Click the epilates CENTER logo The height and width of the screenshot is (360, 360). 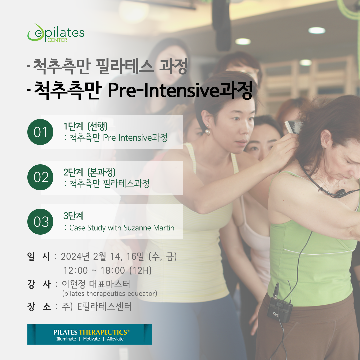click(56, 33)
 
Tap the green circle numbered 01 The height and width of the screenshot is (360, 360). click(40, 132)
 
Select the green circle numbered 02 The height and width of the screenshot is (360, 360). click(40, 177)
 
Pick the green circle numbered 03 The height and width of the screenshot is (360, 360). click(40, 222)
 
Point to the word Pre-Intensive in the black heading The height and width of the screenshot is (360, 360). click(163, 90)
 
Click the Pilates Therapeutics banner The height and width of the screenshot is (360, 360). click(90, 334)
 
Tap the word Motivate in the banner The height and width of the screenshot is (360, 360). click(91, 339)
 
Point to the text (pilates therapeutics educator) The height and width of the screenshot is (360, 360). click(110, 293)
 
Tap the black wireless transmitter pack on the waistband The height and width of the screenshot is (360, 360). click(280, 309)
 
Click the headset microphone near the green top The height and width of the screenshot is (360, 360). click(340, 193)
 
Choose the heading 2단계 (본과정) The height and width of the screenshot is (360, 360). click(89, 172)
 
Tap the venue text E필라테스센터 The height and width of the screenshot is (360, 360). click(104, 307)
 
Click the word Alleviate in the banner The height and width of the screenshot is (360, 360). click(115, 339)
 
